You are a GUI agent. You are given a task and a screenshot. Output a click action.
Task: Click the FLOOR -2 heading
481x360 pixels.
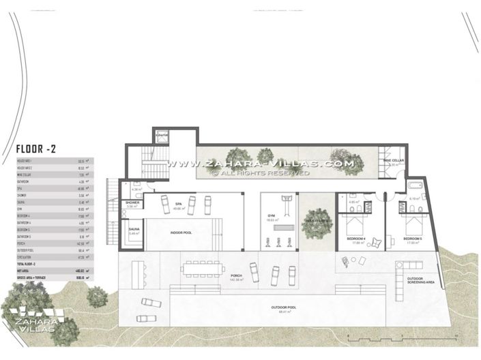pyautogui.click(x=41, y=147)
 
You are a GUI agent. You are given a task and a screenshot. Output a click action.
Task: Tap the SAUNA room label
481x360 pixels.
pyautogui.click(x=134, y=230)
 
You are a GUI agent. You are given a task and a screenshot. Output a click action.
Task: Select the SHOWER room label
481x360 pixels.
pyautogui.click(x=132, y=203)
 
